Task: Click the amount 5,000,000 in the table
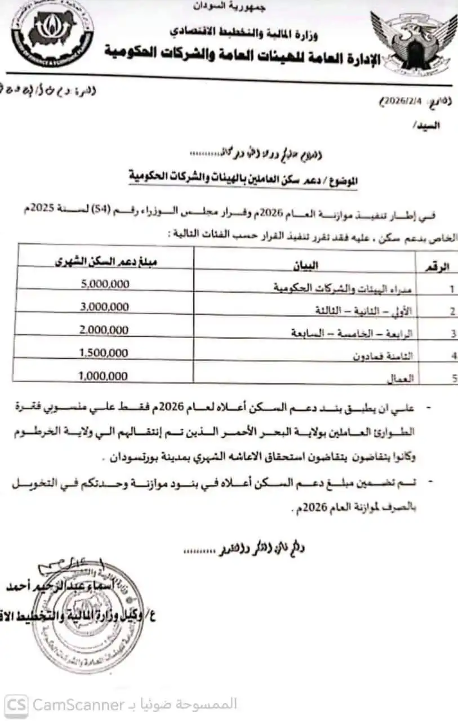tap(105, 284)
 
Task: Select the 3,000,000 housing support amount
tap(105, 306)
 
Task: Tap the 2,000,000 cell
tap(105, 330)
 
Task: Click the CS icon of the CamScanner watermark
tap(16, 705)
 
